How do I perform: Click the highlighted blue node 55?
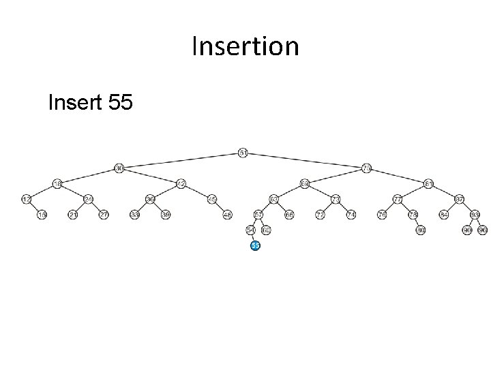tap(255, 245)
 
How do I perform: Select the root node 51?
tap(243, 152)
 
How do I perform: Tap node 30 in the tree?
tap(119, 168)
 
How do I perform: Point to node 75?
tap(367, 168)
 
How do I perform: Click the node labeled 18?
tap(57, 183)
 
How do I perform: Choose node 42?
tap(181, 183)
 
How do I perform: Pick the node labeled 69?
tap(305, 183)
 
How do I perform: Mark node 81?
tap(429, 183)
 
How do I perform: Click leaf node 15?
tap(42, 215)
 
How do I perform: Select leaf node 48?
tap(228, 215)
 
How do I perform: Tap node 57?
tap(258, 215)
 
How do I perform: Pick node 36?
tap(150, 199)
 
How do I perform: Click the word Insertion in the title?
tap(245, 47)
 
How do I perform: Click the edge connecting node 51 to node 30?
tap(181, 160)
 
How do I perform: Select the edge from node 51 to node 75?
tap(306, 160)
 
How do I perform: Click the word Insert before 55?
tap(74, 104)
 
